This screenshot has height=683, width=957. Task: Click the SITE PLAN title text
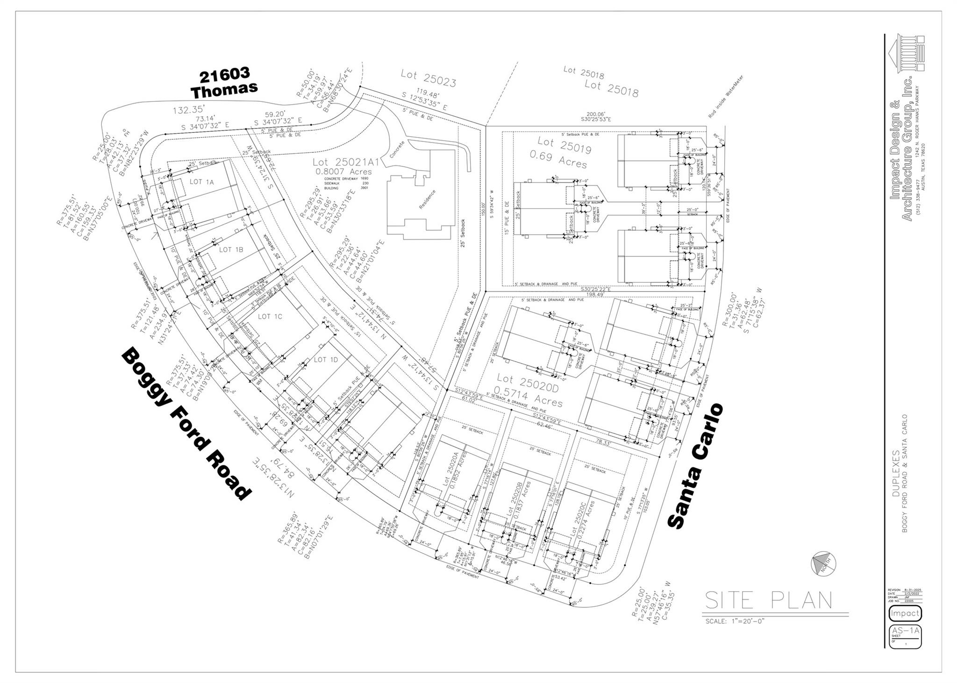pyautogui.click(x=768, y=600)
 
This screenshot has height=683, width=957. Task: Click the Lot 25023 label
pyautogui.click(x=428, y=78)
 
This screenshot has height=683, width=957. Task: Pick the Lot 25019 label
pyautogui.click(x=564, y=144)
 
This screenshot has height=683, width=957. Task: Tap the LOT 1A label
pyautogui.click(x=201, y=182)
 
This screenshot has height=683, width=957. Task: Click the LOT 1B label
pyautogui.click(x=231, y=249)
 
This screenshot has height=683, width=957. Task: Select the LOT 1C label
pyautogui.click(x=270, y=316)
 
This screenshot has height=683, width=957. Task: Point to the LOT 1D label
pyautogui.click(x=325, y=359)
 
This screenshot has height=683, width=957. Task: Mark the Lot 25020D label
pyautogui.click(x=527, y=383)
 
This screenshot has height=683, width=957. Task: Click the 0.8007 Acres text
pyautogui.click(x=343, y=171)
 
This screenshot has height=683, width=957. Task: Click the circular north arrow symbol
pyautogui.click(x=823, y=563)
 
